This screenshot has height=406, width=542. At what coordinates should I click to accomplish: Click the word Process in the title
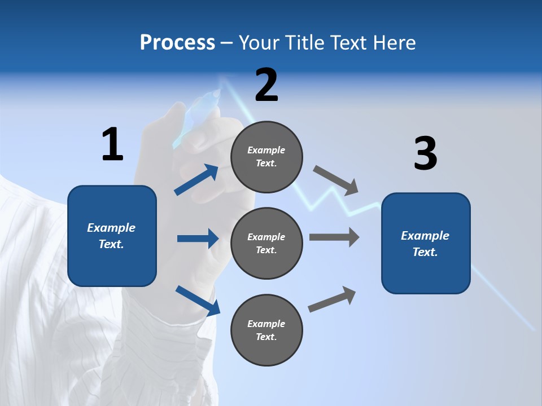pos(177,43)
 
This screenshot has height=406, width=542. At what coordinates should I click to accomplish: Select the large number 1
pos(112,145)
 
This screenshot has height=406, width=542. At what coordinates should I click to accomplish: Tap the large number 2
pos(266,85)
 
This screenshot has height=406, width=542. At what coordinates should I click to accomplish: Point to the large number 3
pos(425,154)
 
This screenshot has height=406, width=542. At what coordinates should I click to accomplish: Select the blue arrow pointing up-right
pos(196,180)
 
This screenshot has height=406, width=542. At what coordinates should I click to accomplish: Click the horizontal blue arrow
pos(198,239)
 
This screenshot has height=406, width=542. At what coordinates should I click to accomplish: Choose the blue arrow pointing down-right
pos(198,301)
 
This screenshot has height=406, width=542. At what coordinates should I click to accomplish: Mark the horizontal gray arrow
pos(334,237)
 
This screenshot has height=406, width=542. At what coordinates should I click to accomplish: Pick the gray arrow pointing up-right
pos(332,299)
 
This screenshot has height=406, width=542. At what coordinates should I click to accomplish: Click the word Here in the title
pos(394,43)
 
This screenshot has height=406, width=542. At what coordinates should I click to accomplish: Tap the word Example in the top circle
pos(266,150)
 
